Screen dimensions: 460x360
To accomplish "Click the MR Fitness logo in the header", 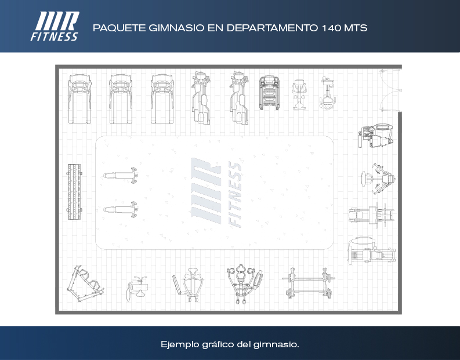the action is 55,26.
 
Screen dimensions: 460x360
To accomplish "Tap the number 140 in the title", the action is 331,28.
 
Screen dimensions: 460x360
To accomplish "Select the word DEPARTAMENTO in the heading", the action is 272,28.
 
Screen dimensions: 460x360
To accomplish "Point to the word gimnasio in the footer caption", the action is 276,344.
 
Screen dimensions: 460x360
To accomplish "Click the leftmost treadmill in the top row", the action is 80,99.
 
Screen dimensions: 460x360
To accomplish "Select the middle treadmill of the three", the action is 121,99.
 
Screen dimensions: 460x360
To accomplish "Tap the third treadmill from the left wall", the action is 162,99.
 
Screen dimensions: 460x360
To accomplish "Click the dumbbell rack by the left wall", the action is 74,192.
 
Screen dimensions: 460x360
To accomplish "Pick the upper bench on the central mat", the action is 121,175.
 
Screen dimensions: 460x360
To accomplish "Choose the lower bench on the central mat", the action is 121,209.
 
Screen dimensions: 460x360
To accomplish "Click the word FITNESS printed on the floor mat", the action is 235,194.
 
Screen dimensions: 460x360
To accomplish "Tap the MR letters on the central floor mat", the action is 206,191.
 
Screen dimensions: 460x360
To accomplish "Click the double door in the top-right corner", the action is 390,90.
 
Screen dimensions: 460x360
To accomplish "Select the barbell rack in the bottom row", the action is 309,283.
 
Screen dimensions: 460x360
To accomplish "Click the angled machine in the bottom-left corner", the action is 85,283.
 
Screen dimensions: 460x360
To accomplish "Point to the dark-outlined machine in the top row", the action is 269,93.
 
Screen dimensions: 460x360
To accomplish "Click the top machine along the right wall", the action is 375,136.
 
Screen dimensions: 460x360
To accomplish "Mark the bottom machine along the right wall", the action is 372,251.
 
